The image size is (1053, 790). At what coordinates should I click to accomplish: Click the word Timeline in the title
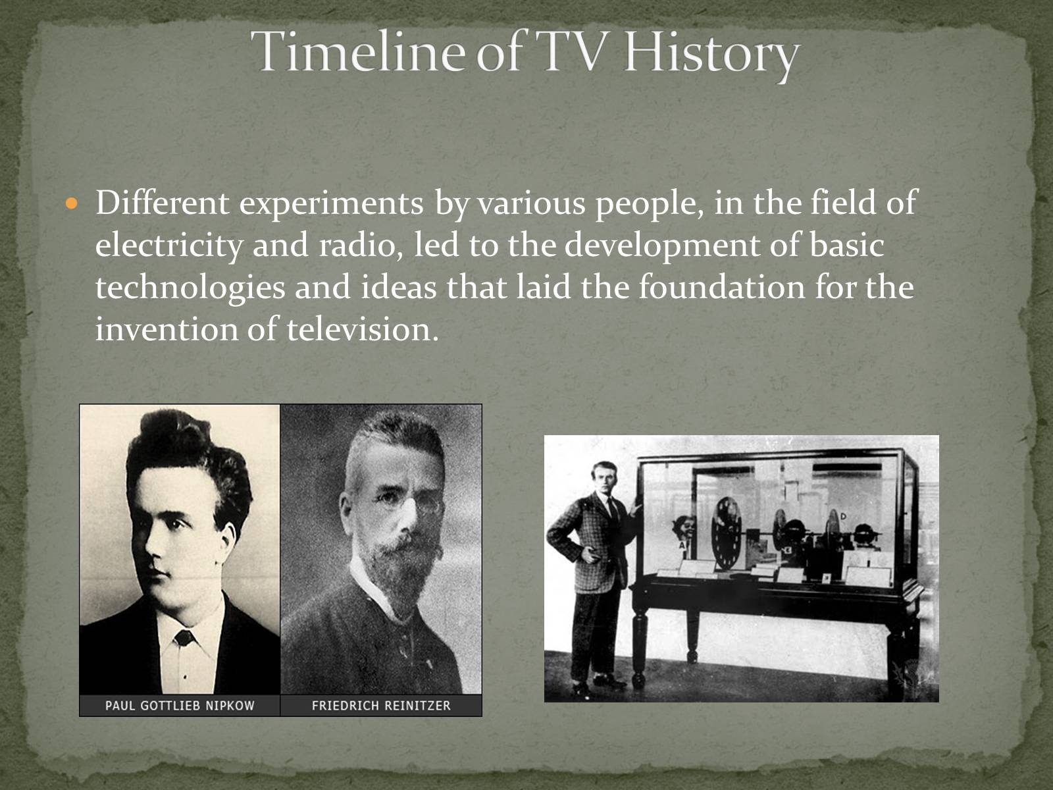[x=358, y=52]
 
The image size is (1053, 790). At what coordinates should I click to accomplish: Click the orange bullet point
[x=71, y=203]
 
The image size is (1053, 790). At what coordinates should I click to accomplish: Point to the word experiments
[x=332, y=204]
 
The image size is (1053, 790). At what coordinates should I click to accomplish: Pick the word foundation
[x=721, y=287]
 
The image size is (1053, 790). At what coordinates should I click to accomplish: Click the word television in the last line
[x=363, y=329]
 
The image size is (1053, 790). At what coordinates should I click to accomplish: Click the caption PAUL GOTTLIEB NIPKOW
[x=180, y=706]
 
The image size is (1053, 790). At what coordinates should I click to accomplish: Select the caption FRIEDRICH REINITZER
[x=381, y=706]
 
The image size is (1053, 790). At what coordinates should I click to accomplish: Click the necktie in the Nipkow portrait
[x=184, y=638]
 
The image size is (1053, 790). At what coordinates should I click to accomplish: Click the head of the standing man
[x=604, y=477]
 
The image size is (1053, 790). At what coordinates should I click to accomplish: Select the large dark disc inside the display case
[x=727, y=533]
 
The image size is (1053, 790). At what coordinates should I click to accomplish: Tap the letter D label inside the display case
[x=843, y=517]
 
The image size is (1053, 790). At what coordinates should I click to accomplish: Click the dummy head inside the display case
[x=683, y=528]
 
